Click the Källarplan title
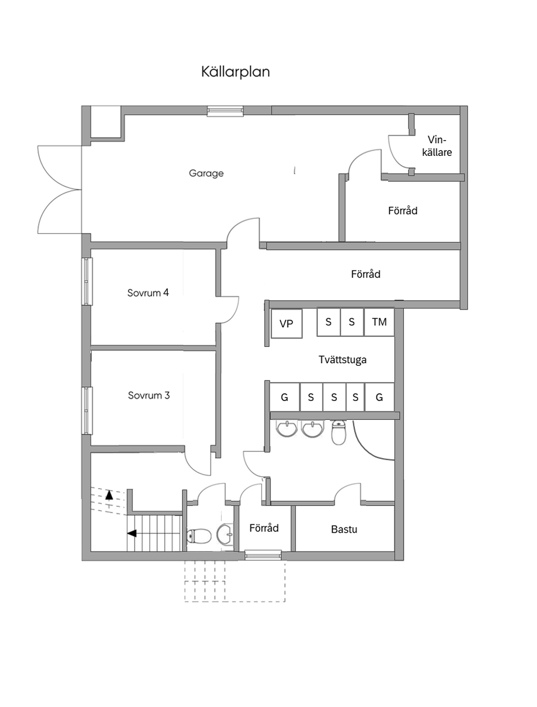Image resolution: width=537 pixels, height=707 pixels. click(x=235, y=71)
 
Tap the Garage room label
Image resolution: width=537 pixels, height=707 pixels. click(x=206, y=173)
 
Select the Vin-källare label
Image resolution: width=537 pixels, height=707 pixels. click(x=437, y=146)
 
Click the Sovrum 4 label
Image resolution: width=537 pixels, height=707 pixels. click(x=148, y=293)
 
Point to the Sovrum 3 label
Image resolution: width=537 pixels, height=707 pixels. click(x=149, y=395)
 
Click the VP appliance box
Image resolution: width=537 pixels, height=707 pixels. click(x=286, y=324)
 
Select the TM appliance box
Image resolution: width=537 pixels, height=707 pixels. click(x=379, y=322)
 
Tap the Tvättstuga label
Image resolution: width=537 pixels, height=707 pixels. click(x=342, y=360)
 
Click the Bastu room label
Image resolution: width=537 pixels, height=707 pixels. click(x=344, y=529)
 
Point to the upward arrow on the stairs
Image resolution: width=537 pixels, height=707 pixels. click(x=109, y=494)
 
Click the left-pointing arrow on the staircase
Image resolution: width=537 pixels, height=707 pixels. click(x=132, y=533)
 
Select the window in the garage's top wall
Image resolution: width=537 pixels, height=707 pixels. click(x=225, y=111)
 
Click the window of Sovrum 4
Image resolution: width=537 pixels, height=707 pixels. click(x=87, y=281)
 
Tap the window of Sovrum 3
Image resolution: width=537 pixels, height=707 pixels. click(x=87, y=410)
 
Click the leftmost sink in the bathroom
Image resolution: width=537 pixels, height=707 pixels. click(x=287, y=428)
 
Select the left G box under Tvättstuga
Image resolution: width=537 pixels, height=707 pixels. click(x=284, y=397)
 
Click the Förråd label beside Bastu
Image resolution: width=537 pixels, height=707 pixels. click(x=264, y=528)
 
